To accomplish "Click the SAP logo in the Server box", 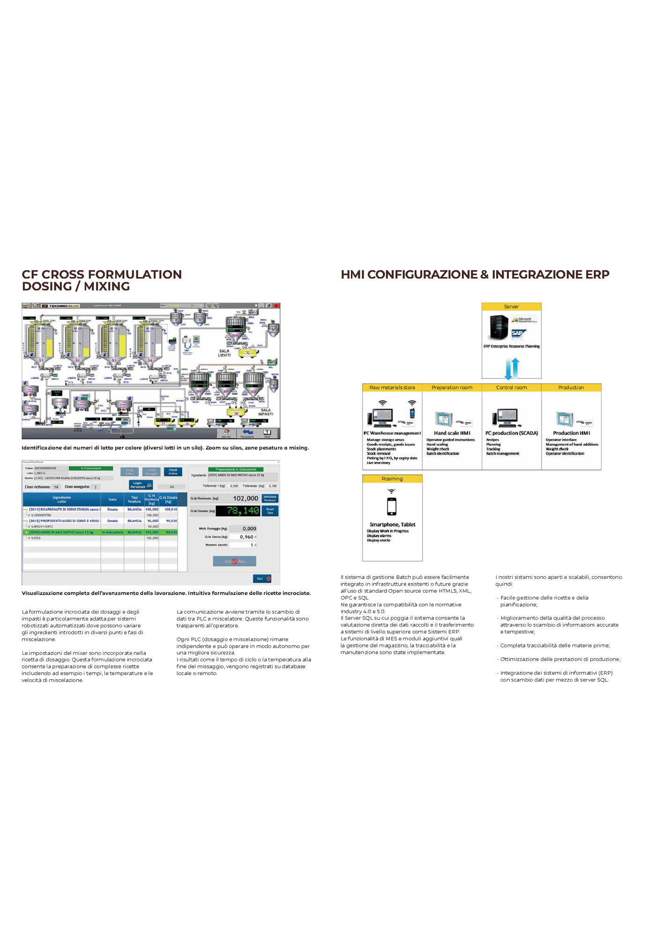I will pos(518,333).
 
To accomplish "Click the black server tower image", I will pos(499,327).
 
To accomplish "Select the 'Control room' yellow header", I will pos(512,388).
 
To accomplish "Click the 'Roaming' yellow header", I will pos(392,479).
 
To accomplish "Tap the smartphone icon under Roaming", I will pos(392,506).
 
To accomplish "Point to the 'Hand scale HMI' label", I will pos(452,433).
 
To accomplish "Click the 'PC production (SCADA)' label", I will pos(512,433).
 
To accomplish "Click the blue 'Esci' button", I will pos(262,578).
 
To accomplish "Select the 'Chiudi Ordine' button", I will pos(173,472).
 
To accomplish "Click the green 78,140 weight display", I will pos(243,511).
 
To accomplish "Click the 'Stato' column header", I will pos(112,499).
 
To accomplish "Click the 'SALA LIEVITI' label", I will pos(224,353).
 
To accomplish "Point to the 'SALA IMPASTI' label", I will pos(266,412).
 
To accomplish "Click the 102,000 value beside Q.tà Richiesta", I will pos(245,498).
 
